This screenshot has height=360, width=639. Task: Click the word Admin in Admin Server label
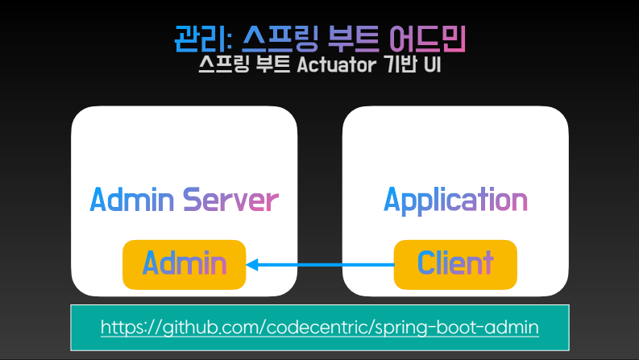(x=132, y=199)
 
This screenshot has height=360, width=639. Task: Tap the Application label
(x=455, y=199)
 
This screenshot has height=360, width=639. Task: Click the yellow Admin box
(x=184, y=263)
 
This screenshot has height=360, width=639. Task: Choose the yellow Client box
(x=454, y=263)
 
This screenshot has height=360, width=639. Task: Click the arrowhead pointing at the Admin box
(x=252, y=264)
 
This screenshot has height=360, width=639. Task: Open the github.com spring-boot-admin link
(x=320, y=328)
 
